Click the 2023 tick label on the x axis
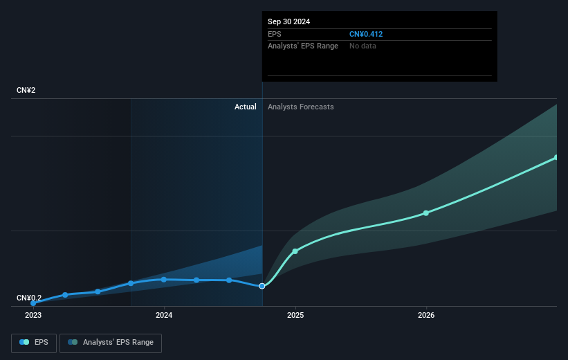tap(33, 315)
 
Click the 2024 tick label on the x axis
tap(164, 315)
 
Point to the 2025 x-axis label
tap(295, 315)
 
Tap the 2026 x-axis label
tap(426, 315)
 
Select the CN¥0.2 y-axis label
tap(30, 298)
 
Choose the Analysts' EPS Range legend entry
tap(111, 343)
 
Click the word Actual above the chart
tap(245, 107)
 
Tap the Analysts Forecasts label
tap(300, 107)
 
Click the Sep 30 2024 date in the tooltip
tap(289, 21)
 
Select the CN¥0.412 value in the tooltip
tap(367, 34)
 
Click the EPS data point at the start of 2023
tap(33, 303)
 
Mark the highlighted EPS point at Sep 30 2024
tap(262, 286)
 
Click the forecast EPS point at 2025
tap(295, 251)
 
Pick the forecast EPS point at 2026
tap(426, 213)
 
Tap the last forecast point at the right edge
tap(556, 158)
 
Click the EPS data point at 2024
tap(164, 279)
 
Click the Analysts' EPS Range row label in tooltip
tap(303, 46)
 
